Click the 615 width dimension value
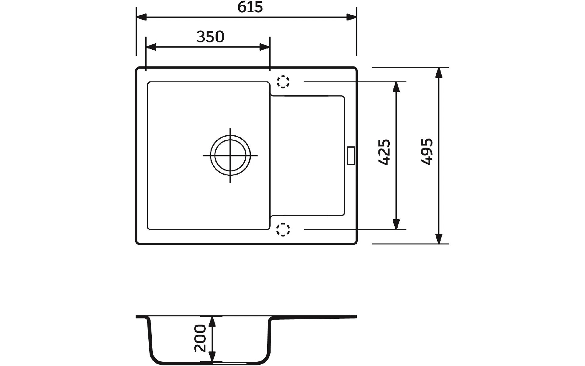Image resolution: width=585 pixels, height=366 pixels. pyautogui.click(x=250, y=7)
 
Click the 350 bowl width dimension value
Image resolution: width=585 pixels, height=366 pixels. pyautogui.click(x=210, y=37)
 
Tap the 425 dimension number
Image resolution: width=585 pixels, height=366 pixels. pyautogui.click(x=384, y=152)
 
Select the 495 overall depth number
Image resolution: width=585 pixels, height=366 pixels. pyautogui.click(x=427, y=152)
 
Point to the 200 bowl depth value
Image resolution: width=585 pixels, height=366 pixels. pyautogui.click(x=200, y=338)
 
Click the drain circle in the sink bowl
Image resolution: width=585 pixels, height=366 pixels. pyautogui.click(x=230, y=156)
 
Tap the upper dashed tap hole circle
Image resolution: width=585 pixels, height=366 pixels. pyautogui.click(x=283, y=82)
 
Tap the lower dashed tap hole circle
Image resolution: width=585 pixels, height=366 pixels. pyautogui.click(x=283, y=229)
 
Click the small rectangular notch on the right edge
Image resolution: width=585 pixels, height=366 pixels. pyautogui.click(x=351, y=156)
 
